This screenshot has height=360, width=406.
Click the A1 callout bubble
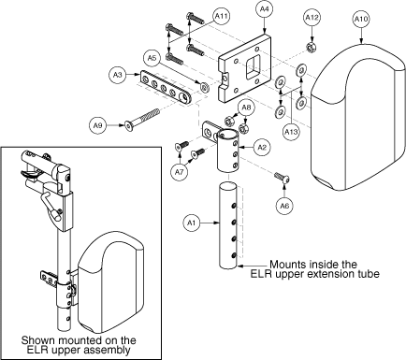click(192, 223)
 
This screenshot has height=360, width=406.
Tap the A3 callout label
click(118, 75)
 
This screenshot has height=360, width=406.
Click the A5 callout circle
click(152, 58)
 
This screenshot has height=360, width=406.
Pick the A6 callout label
click(284, 206)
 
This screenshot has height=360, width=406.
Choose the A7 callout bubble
click(179, 172)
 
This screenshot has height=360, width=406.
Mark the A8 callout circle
click(246, 108)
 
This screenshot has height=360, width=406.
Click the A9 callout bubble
click(97, 125)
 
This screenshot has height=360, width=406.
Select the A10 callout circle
click(361, 19)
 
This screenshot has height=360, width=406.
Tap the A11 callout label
click(222, 16)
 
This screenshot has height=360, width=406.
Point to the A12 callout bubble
click(312, 18)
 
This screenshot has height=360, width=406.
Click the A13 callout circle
click(291, 131)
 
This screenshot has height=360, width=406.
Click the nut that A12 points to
click(311, 48)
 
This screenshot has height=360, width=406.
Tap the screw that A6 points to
click(282, 177)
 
